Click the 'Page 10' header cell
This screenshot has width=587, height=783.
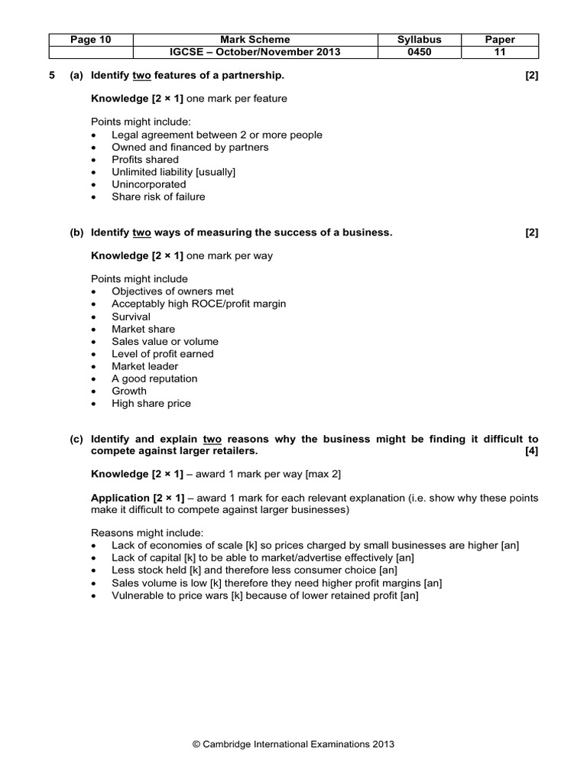pyautogui.click(x=90, y=39)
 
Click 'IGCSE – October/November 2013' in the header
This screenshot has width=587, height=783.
pyautogui.click(x=255, y=52)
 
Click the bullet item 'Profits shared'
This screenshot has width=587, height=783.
pyautogui.click(x=145, y=159)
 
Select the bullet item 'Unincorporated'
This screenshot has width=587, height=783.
pyautogui.click(x=148, y=184)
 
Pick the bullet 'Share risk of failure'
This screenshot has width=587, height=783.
pyautogui.click(x=158, y=197)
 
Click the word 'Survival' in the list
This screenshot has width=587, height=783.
pyautogui.click(x=131, y=317)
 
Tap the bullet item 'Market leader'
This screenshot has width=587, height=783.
pyautogui.click(x=144, y=366)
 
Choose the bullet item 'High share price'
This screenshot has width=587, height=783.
pyautogui.click(x=151, y=403)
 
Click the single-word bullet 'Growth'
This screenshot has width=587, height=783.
pyautogui.click(x=128, y=391)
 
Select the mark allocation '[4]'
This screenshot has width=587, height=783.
pyautogui.click(x=531, y=451)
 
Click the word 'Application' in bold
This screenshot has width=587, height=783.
pyautogui.click(x=121, y=498)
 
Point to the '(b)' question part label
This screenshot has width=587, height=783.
pyautogui.click(x=76, y=232)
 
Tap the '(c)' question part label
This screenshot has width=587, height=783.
pyautogui.click(x=76, y=439)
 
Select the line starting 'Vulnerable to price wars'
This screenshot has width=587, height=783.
pyautogui.click(x=264, y=594)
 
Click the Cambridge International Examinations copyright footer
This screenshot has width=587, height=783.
pyautogui.click(x=293, y=742)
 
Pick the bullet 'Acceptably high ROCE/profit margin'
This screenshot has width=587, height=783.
pyautogui.click(x=199, y=304)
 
